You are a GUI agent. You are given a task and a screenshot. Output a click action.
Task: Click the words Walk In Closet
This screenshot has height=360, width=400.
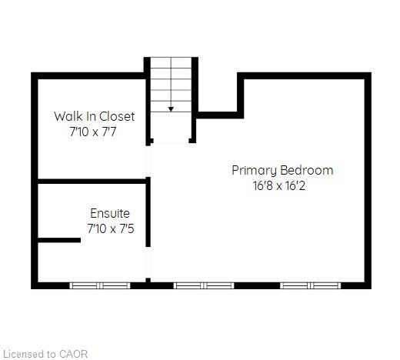[94, 116]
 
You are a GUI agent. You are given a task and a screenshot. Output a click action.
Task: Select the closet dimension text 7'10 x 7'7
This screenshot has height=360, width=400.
[94, 132]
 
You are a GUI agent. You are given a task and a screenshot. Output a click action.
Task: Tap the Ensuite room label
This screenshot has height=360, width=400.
[110, 213]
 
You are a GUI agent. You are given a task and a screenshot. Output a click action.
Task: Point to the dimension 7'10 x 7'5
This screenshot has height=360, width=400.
[110, 228]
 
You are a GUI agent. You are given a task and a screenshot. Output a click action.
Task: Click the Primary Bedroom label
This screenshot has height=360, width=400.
[282, 170]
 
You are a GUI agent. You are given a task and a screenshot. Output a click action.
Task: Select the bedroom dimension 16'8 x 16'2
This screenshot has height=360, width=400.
[282, 185]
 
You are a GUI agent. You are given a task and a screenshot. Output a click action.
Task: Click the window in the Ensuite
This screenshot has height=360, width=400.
[100, 285]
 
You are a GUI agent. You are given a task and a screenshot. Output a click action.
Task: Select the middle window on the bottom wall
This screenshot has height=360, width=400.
[203, 285]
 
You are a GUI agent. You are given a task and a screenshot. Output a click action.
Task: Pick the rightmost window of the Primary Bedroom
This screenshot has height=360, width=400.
[310, 285]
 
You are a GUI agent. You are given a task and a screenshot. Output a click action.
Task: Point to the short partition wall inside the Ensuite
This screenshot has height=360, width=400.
[58, 241]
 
